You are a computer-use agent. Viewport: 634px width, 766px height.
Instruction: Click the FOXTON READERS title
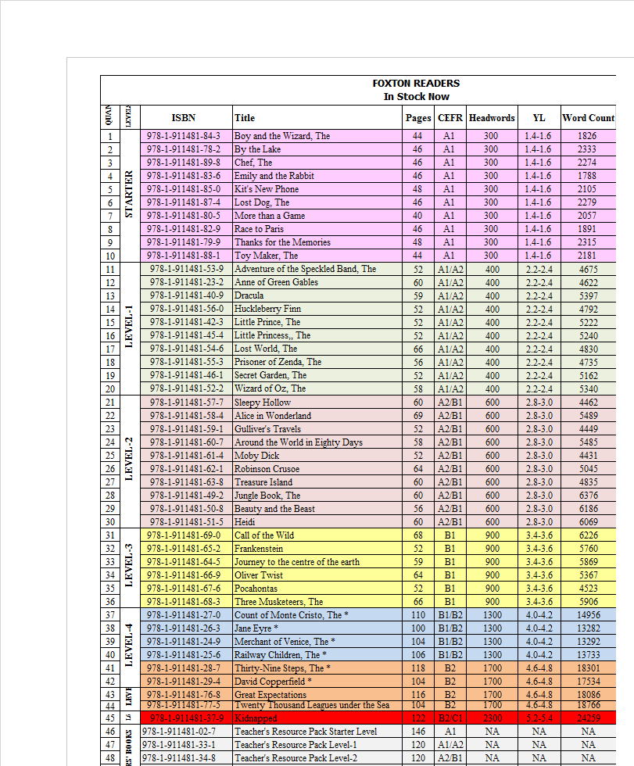[416, 83]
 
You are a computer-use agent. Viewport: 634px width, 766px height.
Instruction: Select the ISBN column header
[184, 118]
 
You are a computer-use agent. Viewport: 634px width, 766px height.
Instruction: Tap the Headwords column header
[492, 118]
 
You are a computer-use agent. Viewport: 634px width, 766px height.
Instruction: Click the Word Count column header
[588, 118]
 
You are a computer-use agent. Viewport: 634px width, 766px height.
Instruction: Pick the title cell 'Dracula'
[249, 295]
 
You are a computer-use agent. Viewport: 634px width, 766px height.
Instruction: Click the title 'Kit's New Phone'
[267, 189]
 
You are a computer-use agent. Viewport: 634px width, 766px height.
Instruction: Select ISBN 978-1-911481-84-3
[184, 136]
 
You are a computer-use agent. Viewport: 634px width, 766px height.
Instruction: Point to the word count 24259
[588, 718]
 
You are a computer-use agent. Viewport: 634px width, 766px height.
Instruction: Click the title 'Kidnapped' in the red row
[256, 718]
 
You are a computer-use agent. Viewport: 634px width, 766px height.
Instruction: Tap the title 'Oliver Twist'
[259, 575]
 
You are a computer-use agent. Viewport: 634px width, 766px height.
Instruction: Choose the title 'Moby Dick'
[256, 456]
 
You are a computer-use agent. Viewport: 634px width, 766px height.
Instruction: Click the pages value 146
[418, 732]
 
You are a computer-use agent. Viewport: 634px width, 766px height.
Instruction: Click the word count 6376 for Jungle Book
[588, 496]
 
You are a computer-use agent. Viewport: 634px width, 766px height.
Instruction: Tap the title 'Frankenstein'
[259, 549]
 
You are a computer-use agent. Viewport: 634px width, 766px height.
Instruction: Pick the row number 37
[110, 615]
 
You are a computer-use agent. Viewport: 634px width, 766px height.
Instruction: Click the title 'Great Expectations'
[270, 695]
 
